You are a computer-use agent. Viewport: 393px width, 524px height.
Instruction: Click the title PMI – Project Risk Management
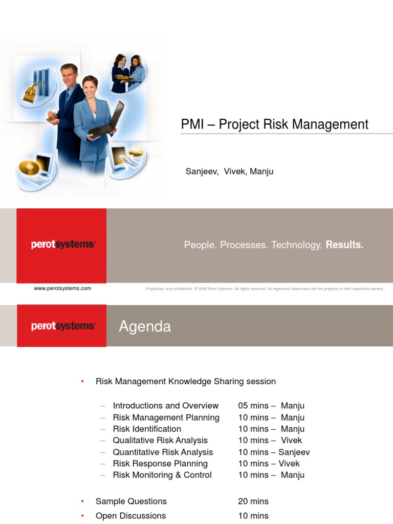[x=274, y=124]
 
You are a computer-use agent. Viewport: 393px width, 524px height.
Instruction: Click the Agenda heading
[x=145, y=326]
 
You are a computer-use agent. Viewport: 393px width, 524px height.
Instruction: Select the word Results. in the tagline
[x=344, y=245]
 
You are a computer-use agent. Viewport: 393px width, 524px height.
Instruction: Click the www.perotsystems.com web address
[x=62, y=288]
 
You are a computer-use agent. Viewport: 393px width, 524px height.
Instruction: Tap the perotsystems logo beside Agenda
[x=62, y=326]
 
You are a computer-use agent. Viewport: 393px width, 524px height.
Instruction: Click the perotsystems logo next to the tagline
[x=62, y=245]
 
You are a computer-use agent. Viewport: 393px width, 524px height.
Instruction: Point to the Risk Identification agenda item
[x=147, y=429]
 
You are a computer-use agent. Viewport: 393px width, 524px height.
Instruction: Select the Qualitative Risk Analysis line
[x=160, y=440]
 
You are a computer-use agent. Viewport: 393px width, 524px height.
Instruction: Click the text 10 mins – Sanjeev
[x=274, y=452]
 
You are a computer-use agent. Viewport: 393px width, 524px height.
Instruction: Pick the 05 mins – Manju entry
[x=271, y=406]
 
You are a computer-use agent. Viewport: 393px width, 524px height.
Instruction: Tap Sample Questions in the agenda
[x=131, y=501]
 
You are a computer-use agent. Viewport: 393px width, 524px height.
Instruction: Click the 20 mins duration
[x=253, y=501]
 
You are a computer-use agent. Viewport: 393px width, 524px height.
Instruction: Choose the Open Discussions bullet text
[x=130, y=516]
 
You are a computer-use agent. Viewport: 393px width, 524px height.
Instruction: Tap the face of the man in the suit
[x=69, y=76]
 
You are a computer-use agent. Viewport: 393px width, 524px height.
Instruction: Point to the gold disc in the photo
[x=29, y=167]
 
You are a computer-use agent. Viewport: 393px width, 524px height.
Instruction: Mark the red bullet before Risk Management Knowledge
[x=82, y=382]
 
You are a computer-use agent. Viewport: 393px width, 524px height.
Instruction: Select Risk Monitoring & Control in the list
[x=162, y=475]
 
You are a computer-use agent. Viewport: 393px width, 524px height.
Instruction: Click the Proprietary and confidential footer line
[x=265, y=289]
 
